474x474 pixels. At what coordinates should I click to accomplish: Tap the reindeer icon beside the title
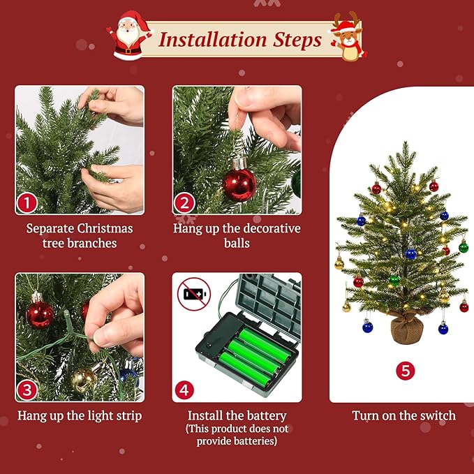coord(347,36)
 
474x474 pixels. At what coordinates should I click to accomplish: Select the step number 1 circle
coord(27,203)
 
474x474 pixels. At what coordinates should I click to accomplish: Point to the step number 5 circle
coord(405,371)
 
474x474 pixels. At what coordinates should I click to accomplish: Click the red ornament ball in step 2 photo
coord(239,183)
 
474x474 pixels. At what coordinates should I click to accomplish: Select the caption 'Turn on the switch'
coord(403,415)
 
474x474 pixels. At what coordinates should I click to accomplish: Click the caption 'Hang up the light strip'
coord(80,415)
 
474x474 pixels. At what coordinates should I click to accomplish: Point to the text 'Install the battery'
coord(237,415)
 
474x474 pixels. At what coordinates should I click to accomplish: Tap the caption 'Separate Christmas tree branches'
coord(80,236)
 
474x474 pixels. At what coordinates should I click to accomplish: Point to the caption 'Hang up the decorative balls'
coord(237,236)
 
